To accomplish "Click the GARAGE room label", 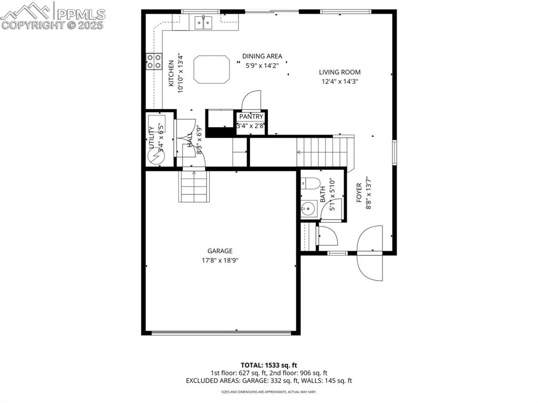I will (x=220, y=251).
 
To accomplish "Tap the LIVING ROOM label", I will (x=340, y=73).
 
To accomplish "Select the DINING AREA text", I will (x=262, y=56).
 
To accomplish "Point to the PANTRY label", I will (x=251, y=117).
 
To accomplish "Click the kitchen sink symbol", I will (x=203, y=22).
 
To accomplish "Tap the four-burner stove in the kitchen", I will (x=153, y=61).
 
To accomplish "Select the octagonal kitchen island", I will (x=212, y=69).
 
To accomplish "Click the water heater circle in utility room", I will (x=157, y=157).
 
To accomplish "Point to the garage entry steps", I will (x=195, y=187).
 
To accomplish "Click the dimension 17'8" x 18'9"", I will (x=220, y=260).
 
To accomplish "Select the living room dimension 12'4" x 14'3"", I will (x=340, y=81).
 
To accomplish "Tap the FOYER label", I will (x=359, y=193).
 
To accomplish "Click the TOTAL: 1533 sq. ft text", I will (x=269, y=365).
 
